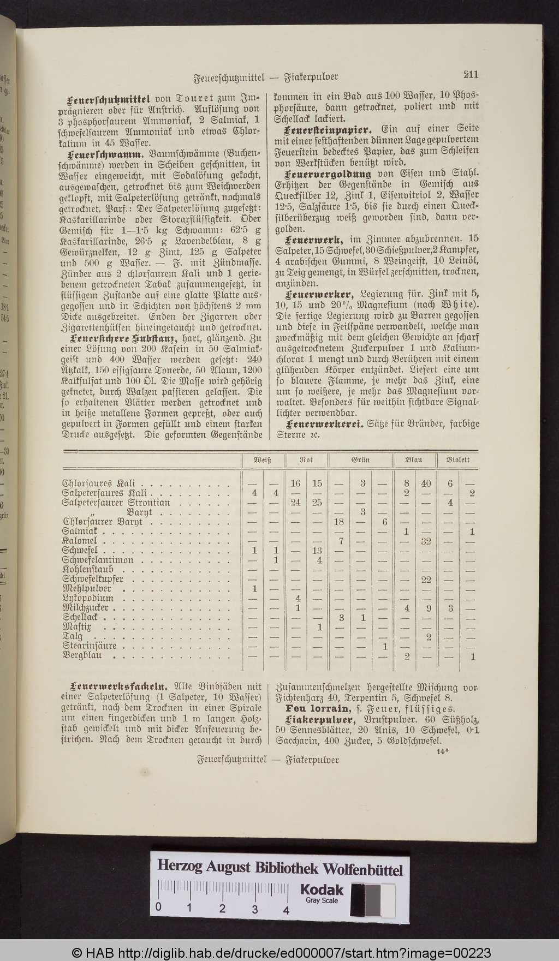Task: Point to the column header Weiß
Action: [263, 459]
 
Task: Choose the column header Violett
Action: [458, 459]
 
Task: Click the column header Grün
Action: [360, 459]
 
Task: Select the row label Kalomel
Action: [80, 541]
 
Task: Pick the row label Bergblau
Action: [82, 655]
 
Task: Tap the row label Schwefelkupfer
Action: [93, 579]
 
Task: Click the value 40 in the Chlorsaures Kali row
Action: [426, 484]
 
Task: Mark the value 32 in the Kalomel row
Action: [426, 541]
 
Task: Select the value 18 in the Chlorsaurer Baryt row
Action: [340, 522]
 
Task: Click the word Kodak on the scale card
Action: [322, 890]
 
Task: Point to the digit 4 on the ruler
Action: [286, 909]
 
